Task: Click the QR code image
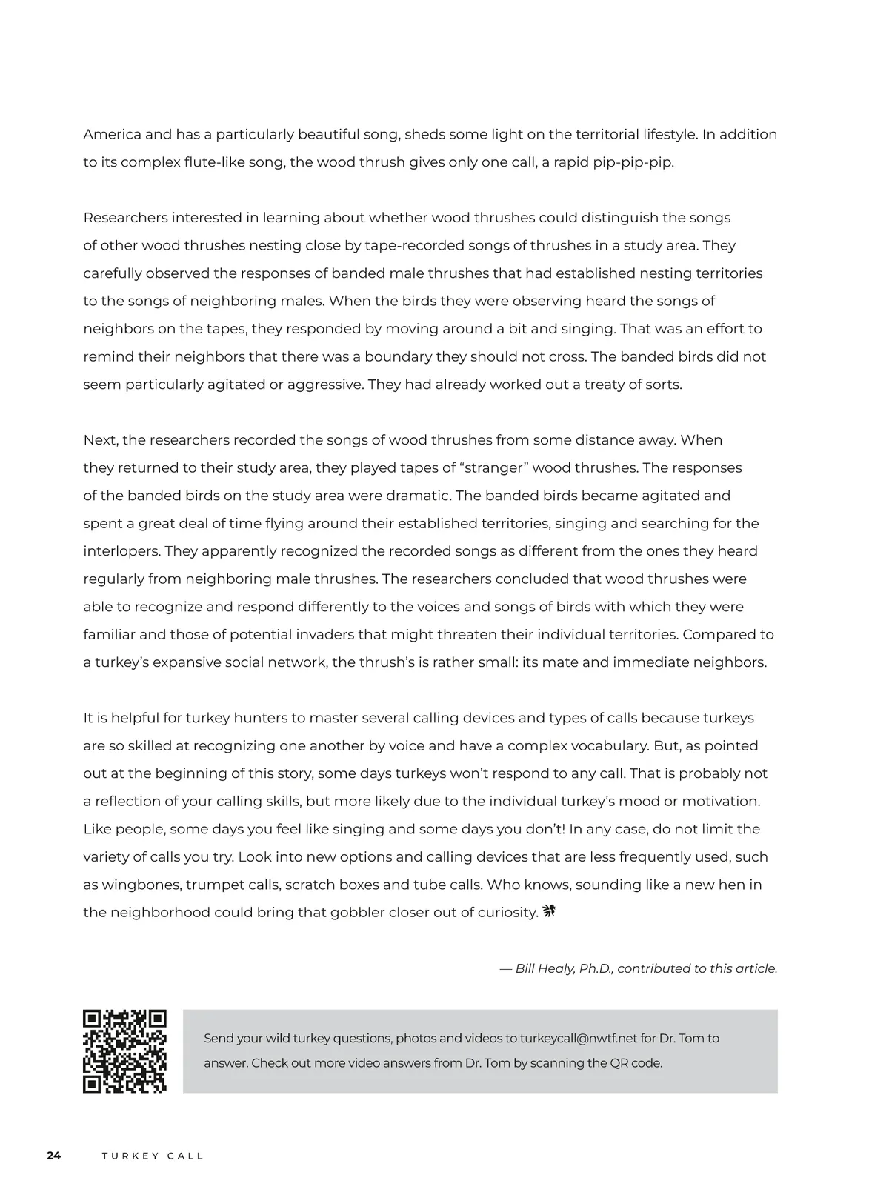click(x=124, y=1051)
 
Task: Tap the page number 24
click(x=53, y=1156)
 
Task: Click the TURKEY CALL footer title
click(x=153, y=1156)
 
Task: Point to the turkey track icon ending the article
click(x=549, y=911)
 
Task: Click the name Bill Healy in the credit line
click(x=545, y=968)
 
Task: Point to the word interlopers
click(x=121, y=551)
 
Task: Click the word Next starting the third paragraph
click(x=100, y=440)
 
